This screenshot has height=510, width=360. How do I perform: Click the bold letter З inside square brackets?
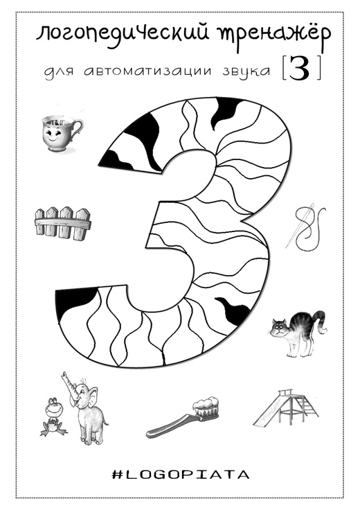tap(299, 69)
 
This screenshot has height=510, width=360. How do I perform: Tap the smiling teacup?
tap(62, 132)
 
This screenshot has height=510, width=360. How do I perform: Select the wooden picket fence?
tap(62, 223)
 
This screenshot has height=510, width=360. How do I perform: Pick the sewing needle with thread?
tap(306, 229)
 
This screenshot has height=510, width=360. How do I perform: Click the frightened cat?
tap(296, 333)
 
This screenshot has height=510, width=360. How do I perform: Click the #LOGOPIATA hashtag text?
tap(180, 475)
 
